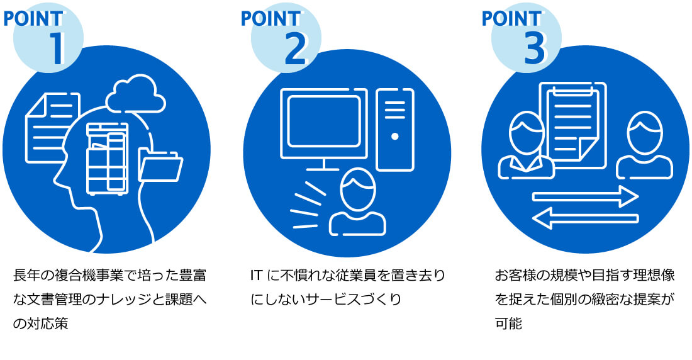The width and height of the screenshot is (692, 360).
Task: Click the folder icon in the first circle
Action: (161, 165)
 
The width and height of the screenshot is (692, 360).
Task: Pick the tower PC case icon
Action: (394, 129)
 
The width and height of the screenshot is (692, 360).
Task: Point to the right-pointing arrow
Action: (585, 196)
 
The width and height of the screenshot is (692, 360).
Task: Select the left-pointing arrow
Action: (585, 218)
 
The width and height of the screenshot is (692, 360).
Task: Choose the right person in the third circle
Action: (644, 146)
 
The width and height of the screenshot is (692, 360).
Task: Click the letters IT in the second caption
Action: (255, 276)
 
